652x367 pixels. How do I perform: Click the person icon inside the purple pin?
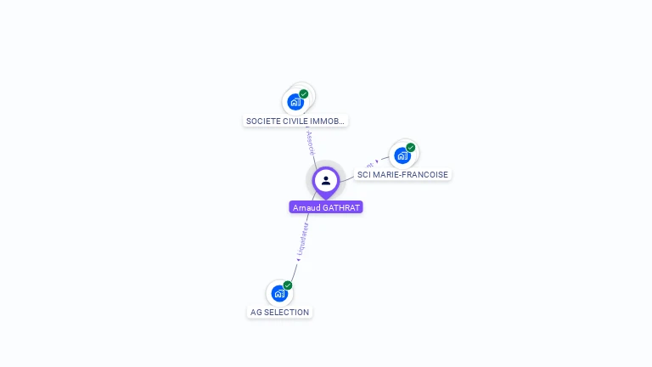(x=326, y=180)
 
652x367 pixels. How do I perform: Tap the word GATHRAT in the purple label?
(x=342, y=207)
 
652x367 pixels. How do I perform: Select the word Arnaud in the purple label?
(x=307, y=207)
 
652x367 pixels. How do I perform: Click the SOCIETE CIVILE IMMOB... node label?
(x=295, y=121)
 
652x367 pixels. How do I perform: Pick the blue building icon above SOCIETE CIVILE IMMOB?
(x=295, y=102)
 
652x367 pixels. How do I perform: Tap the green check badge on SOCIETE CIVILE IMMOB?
(x=304, y=94)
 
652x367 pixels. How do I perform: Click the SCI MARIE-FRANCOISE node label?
(x=402, y=175)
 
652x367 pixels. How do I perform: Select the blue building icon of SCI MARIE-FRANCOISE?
(x=402, y=155)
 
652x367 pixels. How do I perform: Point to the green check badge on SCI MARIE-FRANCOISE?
(x=411, y=148)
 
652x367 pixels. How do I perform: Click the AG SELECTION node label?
(x=279, y=312)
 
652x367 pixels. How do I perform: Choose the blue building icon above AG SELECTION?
(x=278, y=293)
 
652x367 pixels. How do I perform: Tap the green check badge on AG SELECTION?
(x=288, y=285)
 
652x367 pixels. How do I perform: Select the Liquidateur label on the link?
(x=303, y=237)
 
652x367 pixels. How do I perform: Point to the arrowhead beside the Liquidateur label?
(x=298, y=259)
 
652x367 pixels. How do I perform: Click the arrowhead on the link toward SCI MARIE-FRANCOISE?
(x=377, y=161)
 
